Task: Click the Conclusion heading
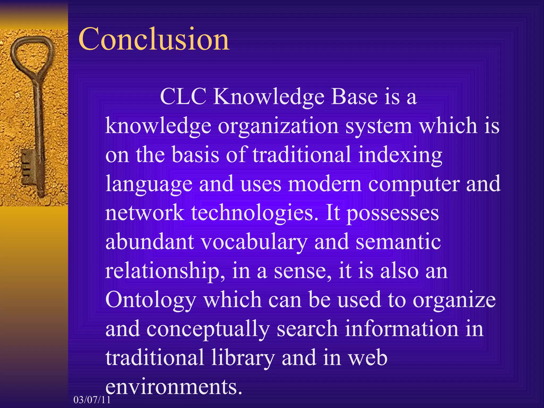pyautogui.click(x=154, y=39)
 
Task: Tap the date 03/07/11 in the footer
pyautogui.click(x=92, y=400)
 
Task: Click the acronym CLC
pyautogui.click(x=183, y=97)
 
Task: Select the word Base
pyautogui.click(x=355, y=97)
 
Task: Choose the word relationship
pyautogui.click(x=165, y=272)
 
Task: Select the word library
pyautogui.click(x=243, y=359)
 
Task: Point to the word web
pyautogui.click(x=368, y=359)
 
